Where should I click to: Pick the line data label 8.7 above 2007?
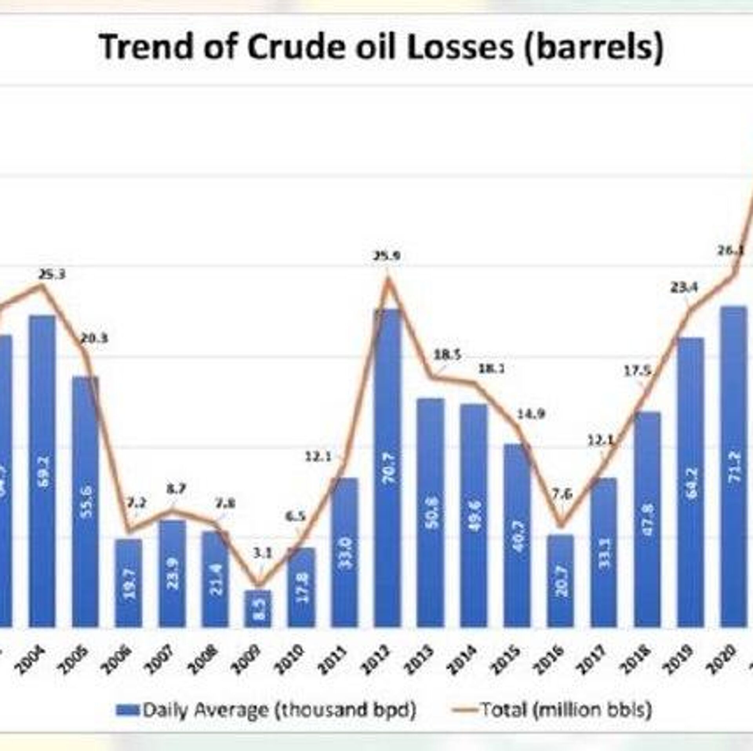175,489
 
